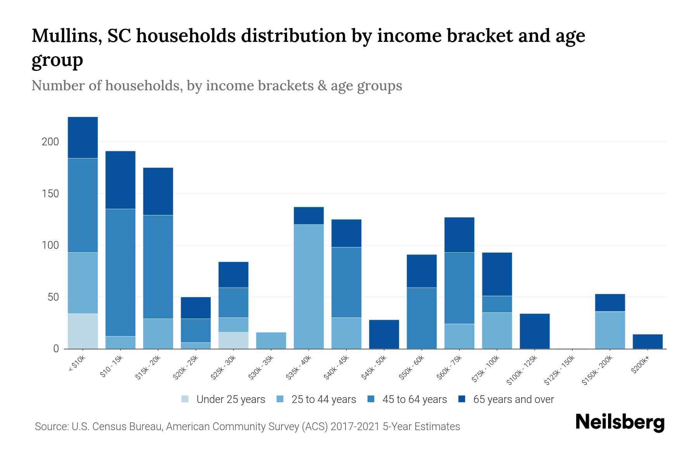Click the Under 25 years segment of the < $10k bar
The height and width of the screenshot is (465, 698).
[x=83, y=331]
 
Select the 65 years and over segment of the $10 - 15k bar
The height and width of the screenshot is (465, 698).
[x=120, y=180]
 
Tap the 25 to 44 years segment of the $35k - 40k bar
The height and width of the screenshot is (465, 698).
[x=309, y=286]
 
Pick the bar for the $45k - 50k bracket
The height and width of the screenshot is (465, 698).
[x=384, y=334]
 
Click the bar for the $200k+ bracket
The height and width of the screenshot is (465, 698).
[x=648, y=341]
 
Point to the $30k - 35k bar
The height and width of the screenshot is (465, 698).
[x=271, y=340]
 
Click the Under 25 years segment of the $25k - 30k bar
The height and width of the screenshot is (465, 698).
[x=233, y=340]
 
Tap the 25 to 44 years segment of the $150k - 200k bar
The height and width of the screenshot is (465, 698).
[x=610, y=330]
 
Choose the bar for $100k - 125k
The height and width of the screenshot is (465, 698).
[x=534, y=331]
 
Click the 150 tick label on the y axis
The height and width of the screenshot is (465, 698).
[x=50, y=194]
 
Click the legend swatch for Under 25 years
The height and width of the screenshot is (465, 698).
[x=185, y=399]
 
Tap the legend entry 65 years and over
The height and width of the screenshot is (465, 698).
[x=513, y=400]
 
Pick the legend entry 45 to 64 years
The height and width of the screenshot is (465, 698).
[x=414, y=400]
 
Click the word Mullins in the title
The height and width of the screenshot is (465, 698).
[x=64, y=36]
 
